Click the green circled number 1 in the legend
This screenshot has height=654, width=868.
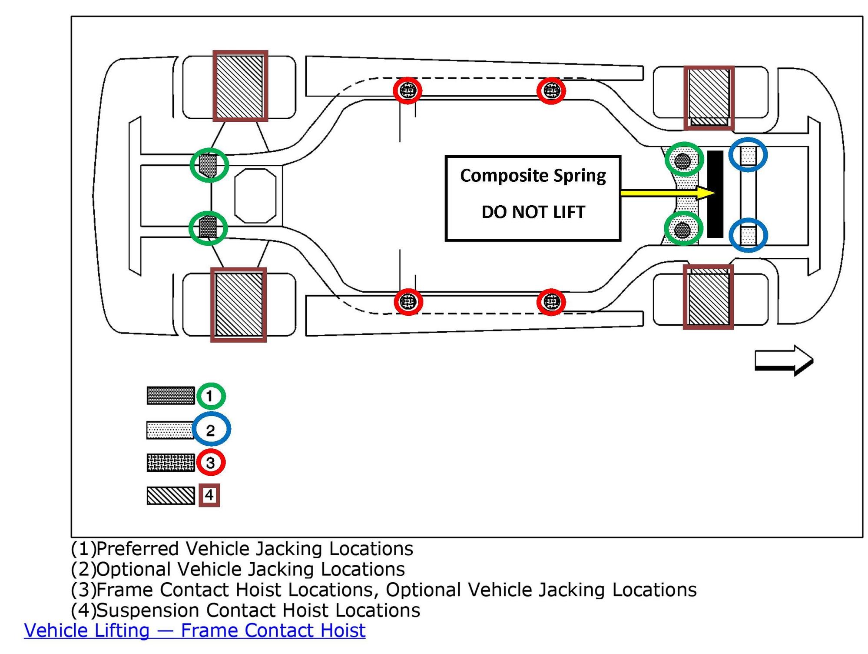(x=211, y=396)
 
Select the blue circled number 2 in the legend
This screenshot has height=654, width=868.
(x=211, y=430)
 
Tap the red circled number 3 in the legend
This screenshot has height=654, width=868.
(x=211, y=462)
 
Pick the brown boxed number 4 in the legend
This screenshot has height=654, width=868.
(x=209, y=495)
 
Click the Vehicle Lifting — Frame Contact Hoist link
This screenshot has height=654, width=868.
(x=195, y=631)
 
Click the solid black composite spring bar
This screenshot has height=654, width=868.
(x=715, y=194)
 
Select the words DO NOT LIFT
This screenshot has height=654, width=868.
(x=533, y=212)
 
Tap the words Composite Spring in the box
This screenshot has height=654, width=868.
(x=533, y=176)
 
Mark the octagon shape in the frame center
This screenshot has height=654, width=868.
(x=255, y=196)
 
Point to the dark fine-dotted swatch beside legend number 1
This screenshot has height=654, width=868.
(x=171, y=396)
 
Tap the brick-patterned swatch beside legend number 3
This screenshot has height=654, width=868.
(x=171, y=463)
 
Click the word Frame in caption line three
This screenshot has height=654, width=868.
(x=125, y=590)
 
